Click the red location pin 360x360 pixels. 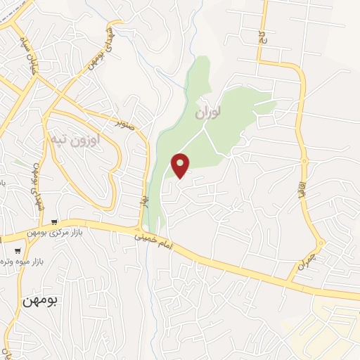(181, 165)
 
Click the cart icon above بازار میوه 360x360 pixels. (17, 250)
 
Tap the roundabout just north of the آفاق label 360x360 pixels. (305, 162)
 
